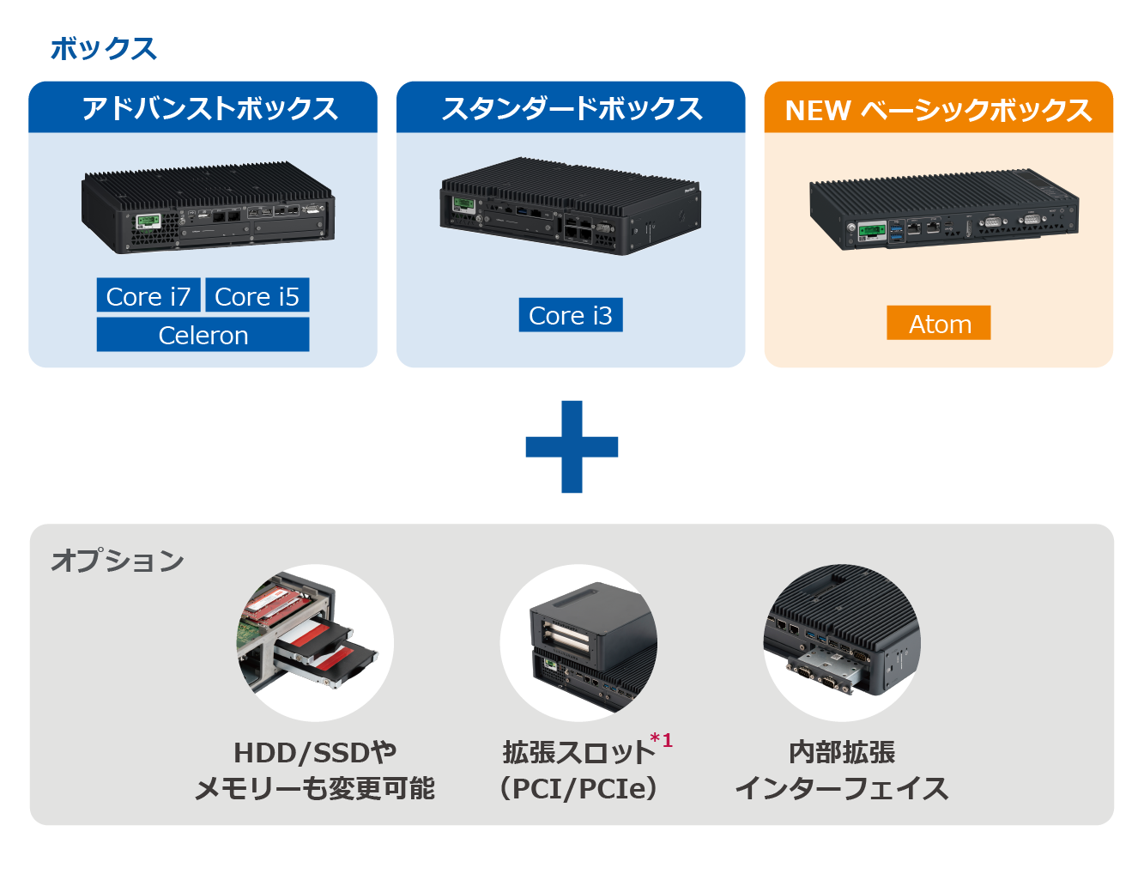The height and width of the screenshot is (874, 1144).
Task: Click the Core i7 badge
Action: click(x=148, y=296)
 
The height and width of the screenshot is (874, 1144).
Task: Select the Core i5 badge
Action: click(x=257, y=296)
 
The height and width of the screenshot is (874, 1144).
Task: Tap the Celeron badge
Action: click(x=203, y=335)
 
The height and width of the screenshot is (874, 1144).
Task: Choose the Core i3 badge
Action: click(x=571, y=315)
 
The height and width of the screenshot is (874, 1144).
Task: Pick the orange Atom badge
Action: click(x=939, y=324)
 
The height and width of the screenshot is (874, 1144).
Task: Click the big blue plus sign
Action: click(x=572, y=446)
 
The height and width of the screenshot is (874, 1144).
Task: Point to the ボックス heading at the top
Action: click(x=104, y=49)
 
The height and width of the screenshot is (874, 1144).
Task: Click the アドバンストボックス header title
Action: click(x=209, y=109)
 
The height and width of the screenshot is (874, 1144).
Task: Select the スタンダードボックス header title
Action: click(x=572, y=109)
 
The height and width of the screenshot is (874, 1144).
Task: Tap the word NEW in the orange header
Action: click(x=817, y=111)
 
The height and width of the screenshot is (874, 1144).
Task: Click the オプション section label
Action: click(x=118, y=561)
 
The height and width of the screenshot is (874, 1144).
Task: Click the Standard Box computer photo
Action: click(x=570, y=206)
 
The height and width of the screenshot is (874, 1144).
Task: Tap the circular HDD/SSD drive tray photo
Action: click(x=315, y=642)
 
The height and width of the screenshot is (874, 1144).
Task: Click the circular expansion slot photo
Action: click(x=578, y=642)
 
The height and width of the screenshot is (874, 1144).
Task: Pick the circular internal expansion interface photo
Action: click(x=842, y=642)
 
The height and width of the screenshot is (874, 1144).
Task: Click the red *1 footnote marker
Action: click(x=661, y=740)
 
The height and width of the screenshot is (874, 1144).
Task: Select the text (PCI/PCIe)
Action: click(x=578, y=788)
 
